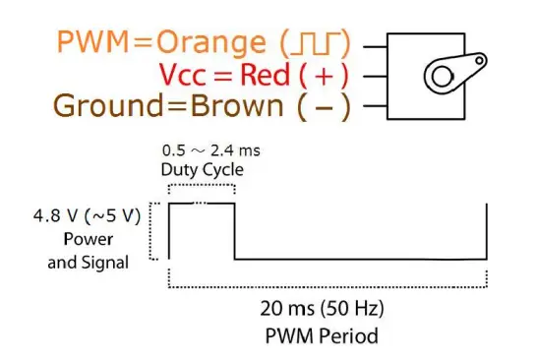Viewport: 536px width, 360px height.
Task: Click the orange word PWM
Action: [x=93, y=41]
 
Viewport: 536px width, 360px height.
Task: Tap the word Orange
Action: [x=210, y=43]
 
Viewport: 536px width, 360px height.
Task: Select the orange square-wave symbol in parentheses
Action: [x=316, y=43]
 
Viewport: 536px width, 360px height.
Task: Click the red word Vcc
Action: [x=183, y=75]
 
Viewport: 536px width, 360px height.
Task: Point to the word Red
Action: [x=265, y=75]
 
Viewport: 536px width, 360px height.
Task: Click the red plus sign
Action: [x=324, y=76]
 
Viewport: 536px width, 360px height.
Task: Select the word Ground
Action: [x=108, y=105]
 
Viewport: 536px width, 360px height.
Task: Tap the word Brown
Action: [x=237, y=105]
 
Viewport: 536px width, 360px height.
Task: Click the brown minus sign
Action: [x=324, y=108]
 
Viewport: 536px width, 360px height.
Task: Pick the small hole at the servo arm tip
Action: [x=479, y=61]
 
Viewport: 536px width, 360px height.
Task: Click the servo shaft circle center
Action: [x=442, y=77]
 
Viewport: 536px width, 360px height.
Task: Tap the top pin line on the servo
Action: [x=375, y=46]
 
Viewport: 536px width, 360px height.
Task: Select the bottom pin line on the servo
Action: [x=375, y=106]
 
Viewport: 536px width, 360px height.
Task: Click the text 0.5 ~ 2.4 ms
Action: [x=211, y=150]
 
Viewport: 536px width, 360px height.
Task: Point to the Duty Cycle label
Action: [x=203, y=169]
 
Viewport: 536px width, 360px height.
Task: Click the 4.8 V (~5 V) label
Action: [x=88, y=216]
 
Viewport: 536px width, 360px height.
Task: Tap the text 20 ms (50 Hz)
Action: [x=322, y=309]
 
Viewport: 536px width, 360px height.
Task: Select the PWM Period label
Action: [x=322, y=335]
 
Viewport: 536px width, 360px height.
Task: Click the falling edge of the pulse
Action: [x=235, y=231]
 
